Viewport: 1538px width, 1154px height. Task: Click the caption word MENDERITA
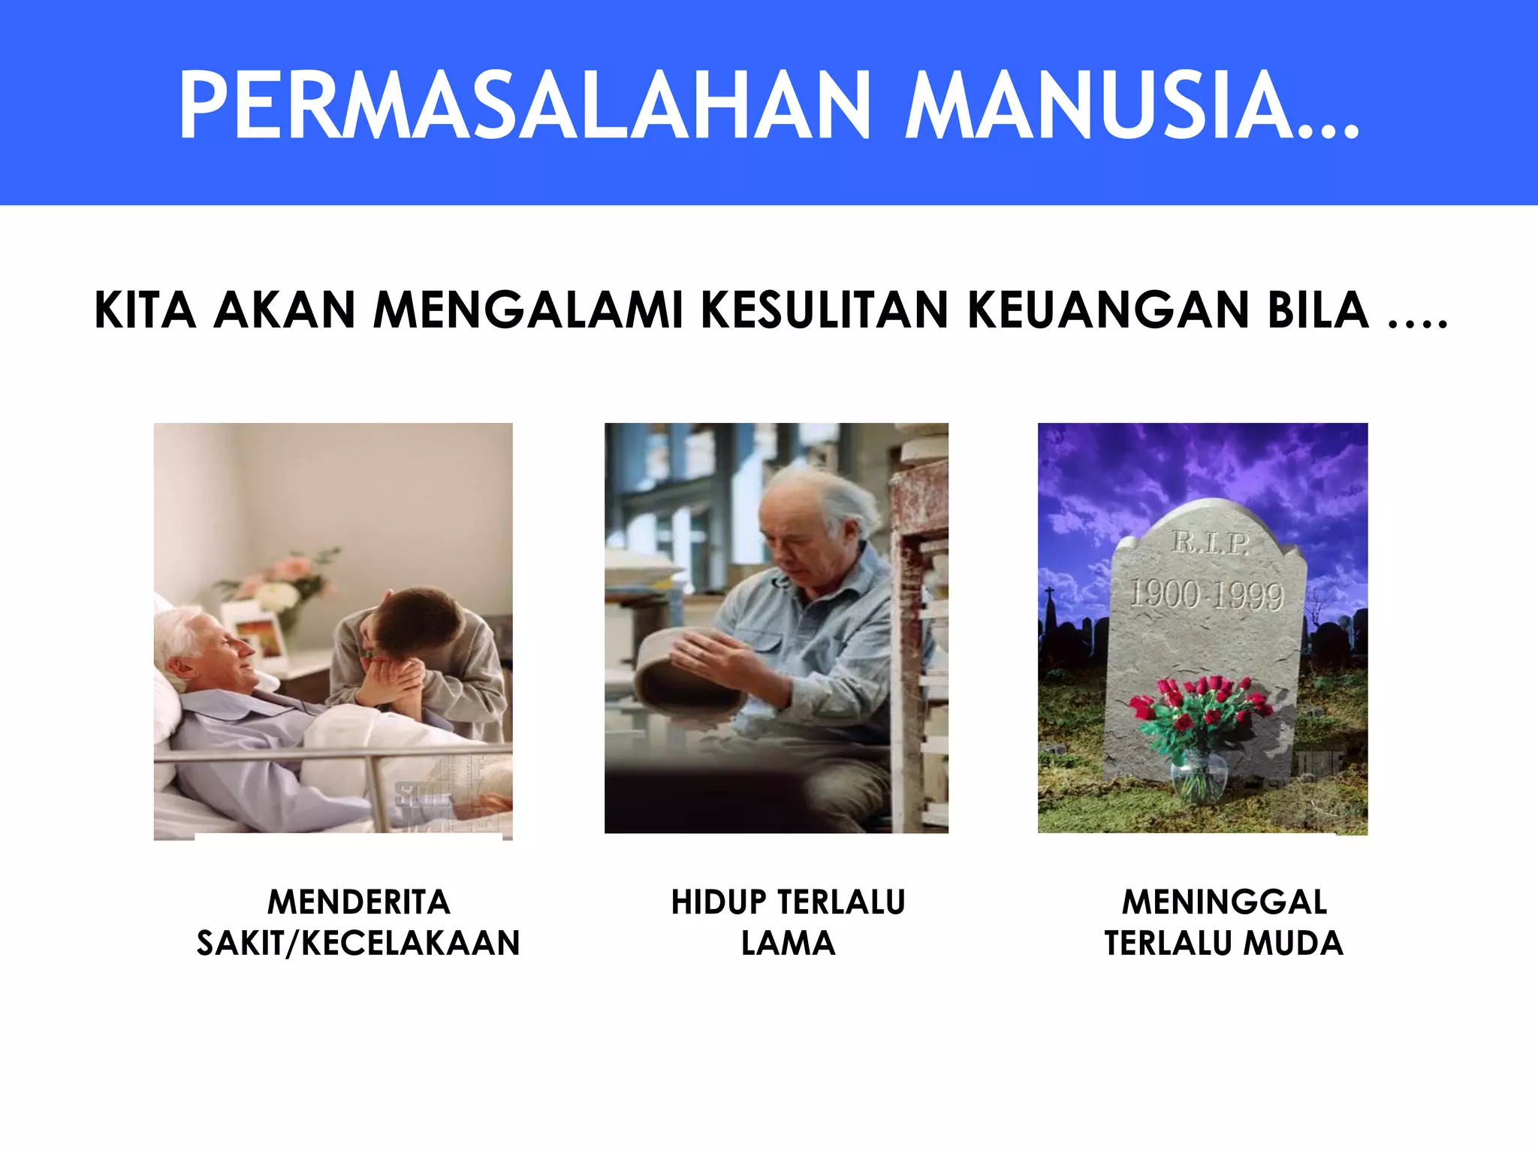359,902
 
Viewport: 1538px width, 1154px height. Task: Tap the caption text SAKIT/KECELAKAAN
358,944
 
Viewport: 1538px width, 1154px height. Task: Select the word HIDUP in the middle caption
719,902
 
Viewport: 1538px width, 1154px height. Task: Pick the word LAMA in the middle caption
788,944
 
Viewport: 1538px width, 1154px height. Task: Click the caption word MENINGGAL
1224,902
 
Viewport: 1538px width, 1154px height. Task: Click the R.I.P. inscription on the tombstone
1210,543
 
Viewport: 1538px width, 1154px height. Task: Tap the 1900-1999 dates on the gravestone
1207,594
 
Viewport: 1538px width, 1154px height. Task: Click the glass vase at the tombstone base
1199,778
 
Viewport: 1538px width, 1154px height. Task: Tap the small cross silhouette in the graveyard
1050,597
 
